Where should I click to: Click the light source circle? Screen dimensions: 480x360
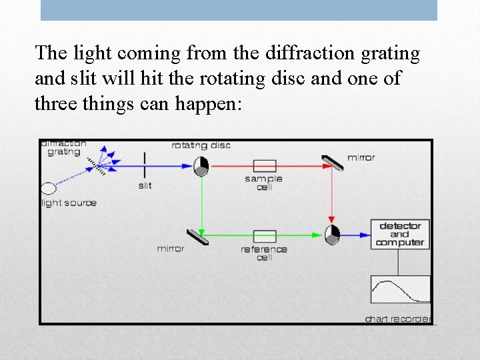49,189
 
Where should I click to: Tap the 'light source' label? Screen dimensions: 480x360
69,203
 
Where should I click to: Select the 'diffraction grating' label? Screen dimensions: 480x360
63,148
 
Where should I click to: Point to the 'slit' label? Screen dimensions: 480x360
145,185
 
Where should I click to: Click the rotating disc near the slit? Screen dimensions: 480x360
201,166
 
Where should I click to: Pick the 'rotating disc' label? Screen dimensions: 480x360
201,145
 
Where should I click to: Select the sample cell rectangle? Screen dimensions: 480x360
265,166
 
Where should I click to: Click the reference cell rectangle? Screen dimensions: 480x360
265,236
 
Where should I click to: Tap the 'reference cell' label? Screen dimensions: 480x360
265,253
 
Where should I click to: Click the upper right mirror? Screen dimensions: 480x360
332,163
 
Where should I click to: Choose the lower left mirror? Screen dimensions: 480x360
197,236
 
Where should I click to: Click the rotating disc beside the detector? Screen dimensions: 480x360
332,234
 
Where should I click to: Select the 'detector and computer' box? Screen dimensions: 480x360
400,234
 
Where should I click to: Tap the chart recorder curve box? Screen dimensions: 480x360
400,289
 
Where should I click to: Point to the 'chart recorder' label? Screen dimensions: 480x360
398,319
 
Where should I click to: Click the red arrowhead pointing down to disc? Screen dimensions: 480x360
332,219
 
